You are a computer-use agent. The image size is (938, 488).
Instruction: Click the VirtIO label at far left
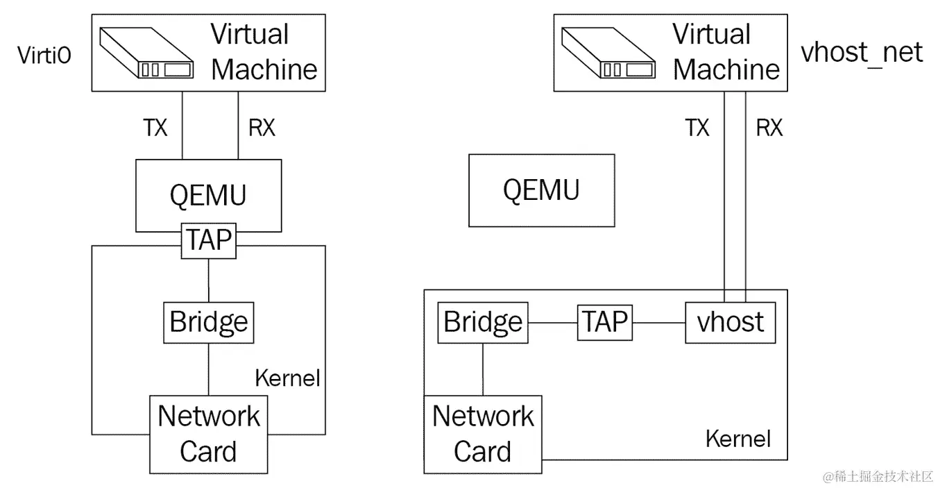[x=44, y=56]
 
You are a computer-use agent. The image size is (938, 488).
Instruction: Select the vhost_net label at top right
[x=862, y=52]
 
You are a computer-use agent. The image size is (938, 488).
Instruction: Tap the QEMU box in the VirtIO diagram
[x=208, y=194]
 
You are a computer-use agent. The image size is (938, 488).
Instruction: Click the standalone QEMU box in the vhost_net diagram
[x=541, y=190]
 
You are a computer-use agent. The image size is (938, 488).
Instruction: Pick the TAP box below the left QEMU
[x=208, y=240]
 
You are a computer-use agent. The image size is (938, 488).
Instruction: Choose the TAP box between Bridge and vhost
[x=604, y=322]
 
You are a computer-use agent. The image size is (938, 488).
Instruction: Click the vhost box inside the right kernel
[x=730, y=322]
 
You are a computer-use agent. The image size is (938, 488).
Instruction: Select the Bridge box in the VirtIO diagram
[x=208, y=322]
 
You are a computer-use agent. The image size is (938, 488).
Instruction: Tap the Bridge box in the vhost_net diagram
[x=482, y=322]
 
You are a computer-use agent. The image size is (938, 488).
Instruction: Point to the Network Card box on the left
[x=208, y=434]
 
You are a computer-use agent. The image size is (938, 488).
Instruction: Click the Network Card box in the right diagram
[x=482, y=434]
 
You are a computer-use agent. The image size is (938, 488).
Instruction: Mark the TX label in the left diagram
[x=155, y=128]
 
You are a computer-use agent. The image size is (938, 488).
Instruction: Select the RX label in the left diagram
[x=261, y=128]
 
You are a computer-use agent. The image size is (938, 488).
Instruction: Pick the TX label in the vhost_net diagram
[x=697, y=128]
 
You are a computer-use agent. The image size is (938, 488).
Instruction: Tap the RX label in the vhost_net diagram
[x=769, y=128]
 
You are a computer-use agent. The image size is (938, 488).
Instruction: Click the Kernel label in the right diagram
[x=737, y=439]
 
